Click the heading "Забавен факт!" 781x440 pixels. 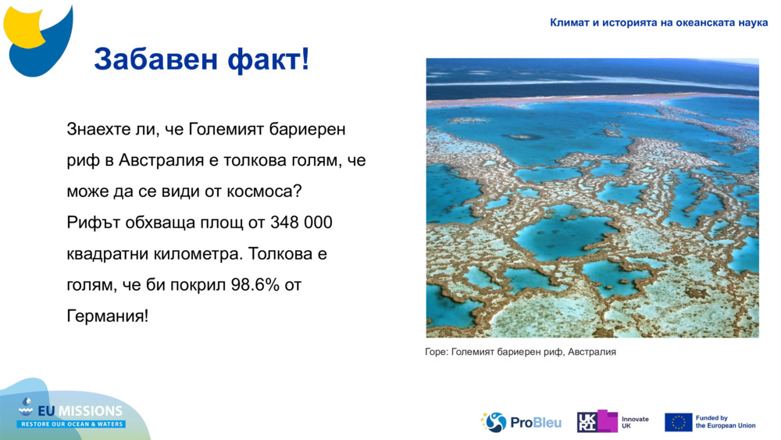click(x=201, y=59)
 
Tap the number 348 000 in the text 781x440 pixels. click(x=301, y=223)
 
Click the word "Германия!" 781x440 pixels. click(x=107, y=317)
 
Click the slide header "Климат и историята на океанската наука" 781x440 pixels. click(x=658, y=23)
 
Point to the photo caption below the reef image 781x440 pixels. click(x=521, y=352)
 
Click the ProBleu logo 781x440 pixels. click(x=521, y=422)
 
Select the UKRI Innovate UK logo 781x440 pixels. click(x=613, y=422)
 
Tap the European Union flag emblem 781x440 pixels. click(x=678, y=422)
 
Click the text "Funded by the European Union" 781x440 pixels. click(x=726, y=422)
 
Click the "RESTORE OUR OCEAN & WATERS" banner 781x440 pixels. click(x=72, y=424)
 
